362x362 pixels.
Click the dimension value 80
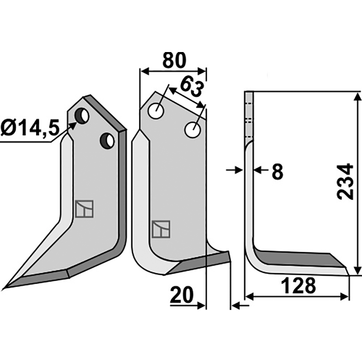[x=174, y=60]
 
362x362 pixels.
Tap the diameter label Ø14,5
[x=30, y=127]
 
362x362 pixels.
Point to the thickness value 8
[x=277, y=171]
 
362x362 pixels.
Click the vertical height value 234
[x=345, y=182]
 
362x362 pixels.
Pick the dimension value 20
[x=181, y=295]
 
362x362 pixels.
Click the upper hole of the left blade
[x=82, y=116]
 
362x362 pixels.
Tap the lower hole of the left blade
[x=107, y=141]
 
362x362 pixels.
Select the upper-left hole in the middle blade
[x=156, y=111]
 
